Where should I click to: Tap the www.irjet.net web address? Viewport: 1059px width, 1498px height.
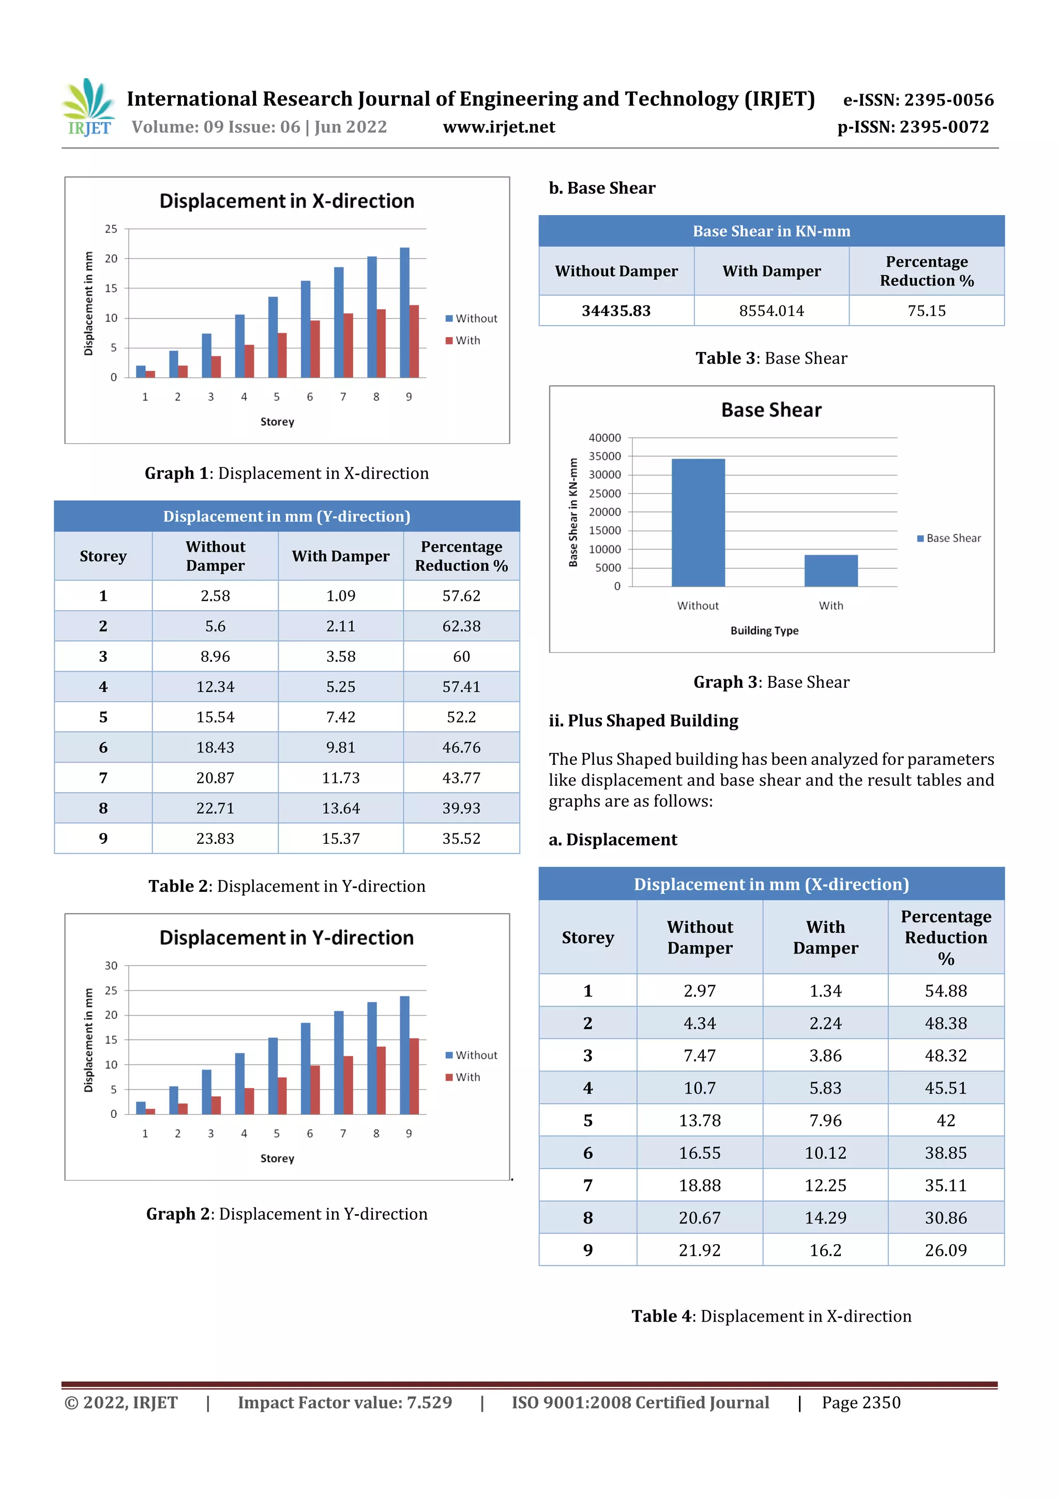tap(498, 127)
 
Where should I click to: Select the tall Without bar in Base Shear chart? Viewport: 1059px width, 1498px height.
tap(698, 522)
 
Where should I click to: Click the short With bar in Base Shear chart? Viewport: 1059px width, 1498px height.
tap(830, 570)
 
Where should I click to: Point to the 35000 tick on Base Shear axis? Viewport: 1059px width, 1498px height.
tap(605, 456)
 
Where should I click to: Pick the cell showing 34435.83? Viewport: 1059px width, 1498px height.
tap(616, 311)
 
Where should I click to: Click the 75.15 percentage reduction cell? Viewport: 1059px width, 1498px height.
tap(926, 311)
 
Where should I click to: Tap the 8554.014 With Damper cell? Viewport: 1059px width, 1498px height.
tap(771, 311)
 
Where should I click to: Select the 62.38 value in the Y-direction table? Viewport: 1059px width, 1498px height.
tap(461, 626)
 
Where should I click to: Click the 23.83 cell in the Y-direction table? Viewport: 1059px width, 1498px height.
tap(215, 838)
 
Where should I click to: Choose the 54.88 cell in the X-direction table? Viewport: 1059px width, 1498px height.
tap(945, 990)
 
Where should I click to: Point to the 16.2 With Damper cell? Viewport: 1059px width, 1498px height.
tap(825, 1250)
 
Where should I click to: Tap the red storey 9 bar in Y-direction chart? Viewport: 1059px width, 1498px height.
tap(414, 1076)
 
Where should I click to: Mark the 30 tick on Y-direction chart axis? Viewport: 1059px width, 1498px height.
tap(112, 965)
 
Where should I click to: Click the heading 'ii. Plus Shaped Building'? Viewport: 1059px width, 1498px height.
tap(643, 720)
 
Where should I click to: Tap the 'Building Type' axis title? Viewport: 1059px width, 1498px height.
tap(764, 630)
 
